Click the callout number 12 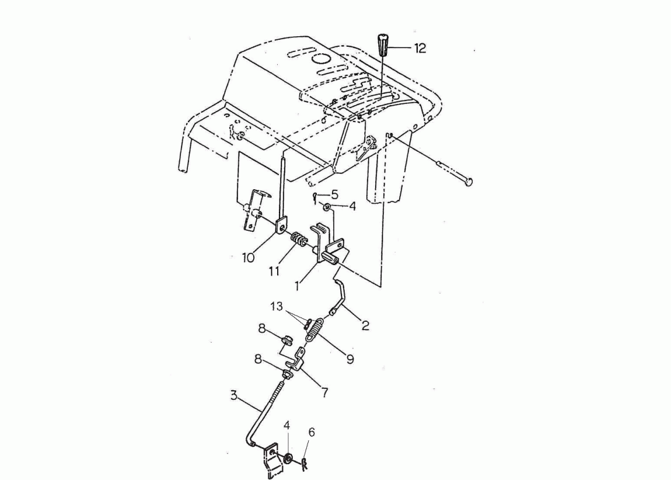click(x=420, y=48)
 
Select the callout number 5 click(x=335, y=194)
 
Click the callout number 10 click(x=249, y=258)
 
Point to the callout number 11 click(x=274, y=270)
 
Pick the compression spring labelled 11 click(x=298, y=239)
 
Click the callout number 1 click(x=296, y=286)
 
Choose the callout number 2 click(x=365, y=325)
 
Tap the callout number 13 click(x=277, y=306)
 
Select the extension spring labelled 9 click(x=315, y=329)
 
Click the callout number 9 click(x=350, y=359)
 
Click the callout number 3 click(x=233, y=395)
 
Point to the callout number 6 click(x=312, y=432)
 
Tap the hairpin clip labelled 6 click(x=305, y=464)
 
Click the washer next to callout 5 click(x=327, y=207)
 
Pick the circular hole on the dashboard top click(x=321, y=58)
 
